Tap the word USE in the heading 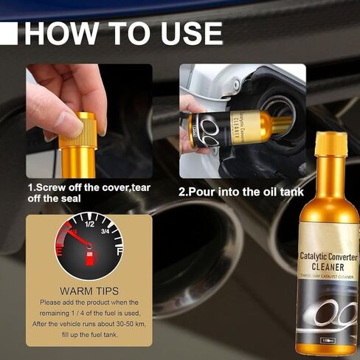pos(190,33)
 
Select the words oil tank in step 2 pos(276,193)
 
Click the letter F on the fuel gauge pos(118,252)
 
